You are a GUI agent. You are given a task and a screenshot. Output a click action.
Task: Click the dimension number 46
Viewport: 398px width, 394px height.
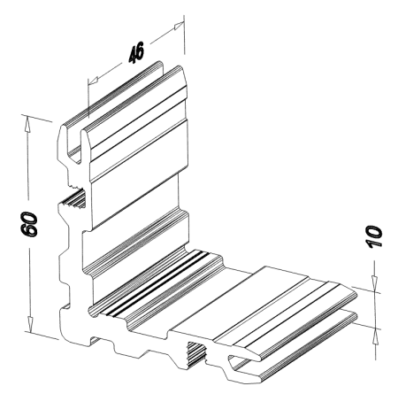pos(136,52)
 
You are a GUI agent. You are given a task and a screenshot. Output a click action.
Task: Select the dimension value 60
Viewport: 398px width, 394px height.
pos(29,224)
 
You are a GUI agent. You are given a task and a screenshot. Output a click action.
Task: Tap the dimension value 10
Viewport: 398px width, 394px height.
pos(373,236)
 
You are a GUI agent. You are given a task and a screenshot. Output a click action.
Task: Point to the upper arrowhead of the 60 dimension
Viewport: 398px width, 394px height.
pos(27,123)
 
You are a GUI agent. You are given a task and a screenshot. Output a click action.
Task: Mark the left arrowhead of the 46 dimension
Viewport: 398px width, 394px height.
pos(94,80)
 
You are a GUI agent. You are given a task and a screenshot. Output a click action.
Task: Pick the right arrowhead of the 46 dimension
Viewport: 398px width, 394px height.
pos(179,26)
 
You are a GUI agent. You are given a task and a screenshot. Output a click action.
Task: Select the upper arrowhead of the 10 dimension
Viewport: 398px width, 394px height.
pos(374,283)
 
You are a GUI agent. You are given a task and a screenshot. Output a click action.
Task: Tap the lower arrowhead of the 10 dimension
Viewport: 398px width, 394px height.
pos(375,336)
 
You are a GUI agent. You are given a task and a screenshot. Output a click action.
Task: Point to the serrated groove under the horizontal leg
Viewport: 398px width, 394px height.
pos(197,353)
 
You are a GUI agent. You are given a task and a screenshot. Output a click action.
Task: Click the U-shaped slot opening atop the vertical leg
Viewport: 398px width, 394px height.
pos(73,142)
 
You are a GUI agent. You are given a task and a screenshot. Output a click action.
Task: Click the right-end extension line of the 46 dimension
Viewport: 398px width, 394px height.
pos(184,35)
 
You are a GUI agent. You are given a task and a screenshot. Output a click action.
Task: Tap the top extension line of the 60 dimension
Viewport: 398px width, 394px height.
pos(37,118)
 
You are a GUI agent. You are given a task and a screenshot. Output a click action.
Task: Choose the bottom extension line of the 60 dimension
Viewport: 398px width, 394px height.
pos(42,335)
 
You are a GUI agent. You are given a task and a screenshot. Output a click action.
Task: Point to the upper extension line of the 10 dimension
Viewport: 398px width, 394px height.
pos(365,290)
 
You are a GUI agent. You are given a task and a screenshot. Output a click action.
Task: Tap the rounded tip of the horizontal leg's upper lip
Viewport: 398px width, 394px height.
pos(356,296)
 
